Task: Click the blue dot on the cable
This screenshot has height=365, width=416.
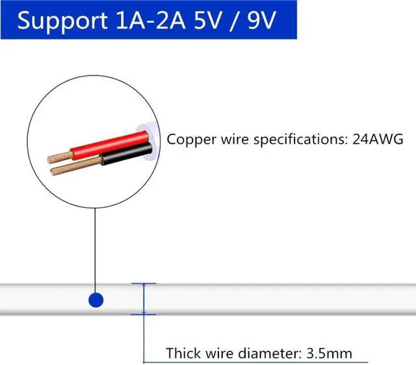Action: click(96, 300)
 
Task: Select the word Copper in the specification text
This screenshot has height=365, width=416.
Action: click(187, 139)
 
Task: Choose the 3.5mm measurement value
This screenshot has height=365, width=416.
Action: click(331, 354)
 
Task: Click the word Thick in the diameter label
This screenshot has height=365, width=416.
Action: click(183, 354)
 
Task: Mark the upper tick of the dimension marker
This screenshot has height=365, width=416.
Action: click(144, 284)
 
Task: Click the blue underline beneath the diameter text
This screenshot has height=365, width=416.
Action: click(260, 362)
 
